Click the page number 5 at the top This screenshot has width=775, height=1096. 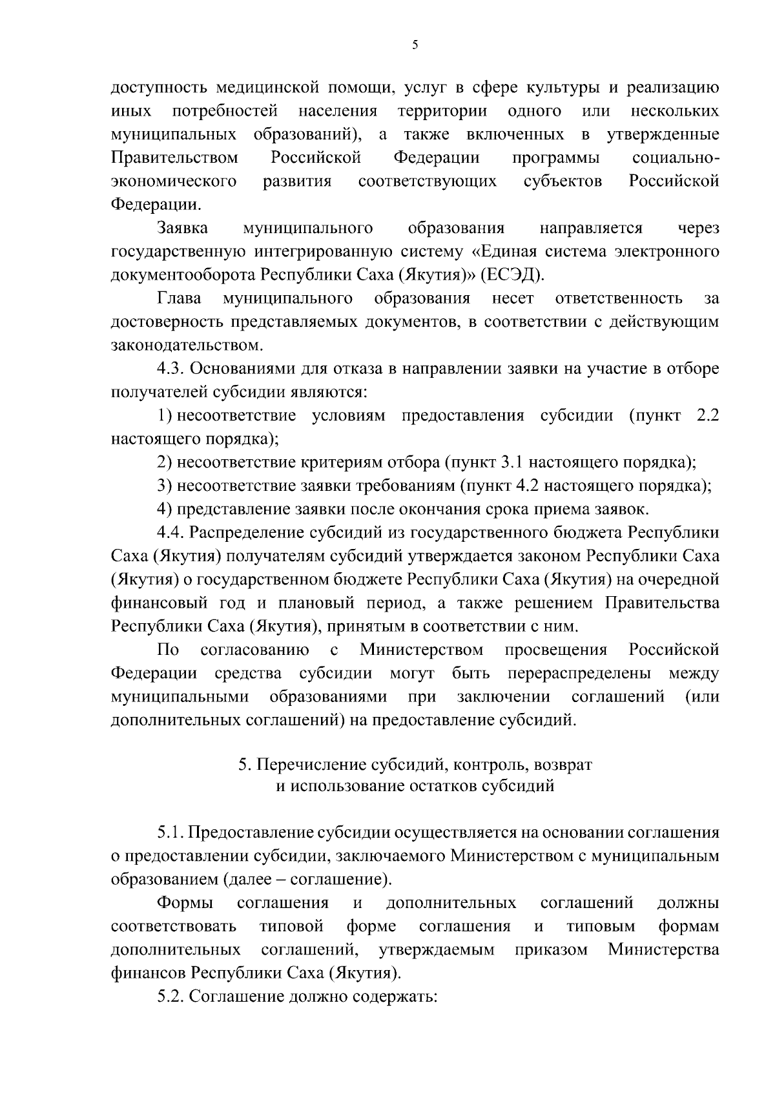click(414, 46)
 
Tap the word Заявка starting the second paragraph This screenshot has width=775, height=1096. click(182, 228)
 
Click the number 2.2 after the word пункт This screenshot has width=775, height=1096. click(708, 415)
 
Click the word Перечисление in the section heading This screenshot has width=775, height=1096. click(312, 765)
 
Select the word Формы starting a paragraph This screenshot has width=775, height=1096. click(185, 903)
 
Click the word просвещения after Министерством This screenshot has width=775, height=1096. click(556, 649)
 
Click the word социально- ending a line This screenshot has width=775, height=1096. click(676, 158)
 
